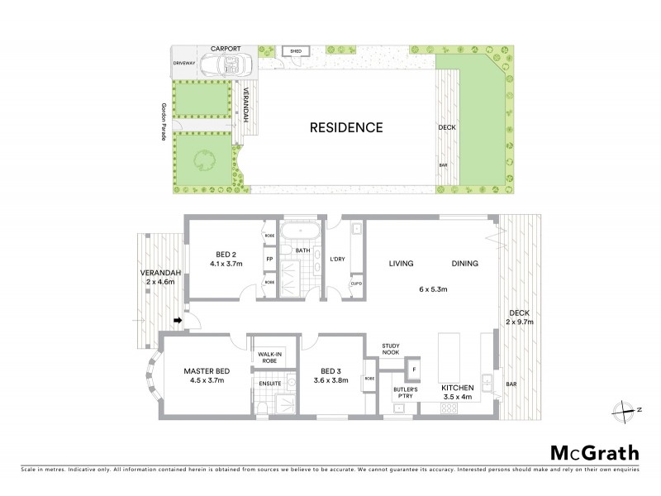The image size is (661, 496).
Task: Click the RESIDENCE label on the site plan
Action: tap(346, 128)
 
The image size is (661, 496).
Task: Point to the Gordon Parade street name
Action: tap(164, 125)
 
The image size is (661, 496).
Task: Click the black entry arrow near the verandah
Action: tap(177, 322)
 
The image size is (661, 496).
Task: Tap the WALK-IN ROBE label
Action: tap(269, 358)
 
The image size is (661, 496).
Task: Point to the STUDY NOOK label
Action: tap(390, 350)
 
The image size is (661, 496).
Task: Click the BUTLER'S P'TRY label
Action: tap(405, 392)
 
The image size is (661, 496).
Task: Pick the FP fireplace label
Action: tap(269, 259)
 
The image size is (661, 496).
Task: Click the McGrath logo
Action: tap(594, 452)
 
